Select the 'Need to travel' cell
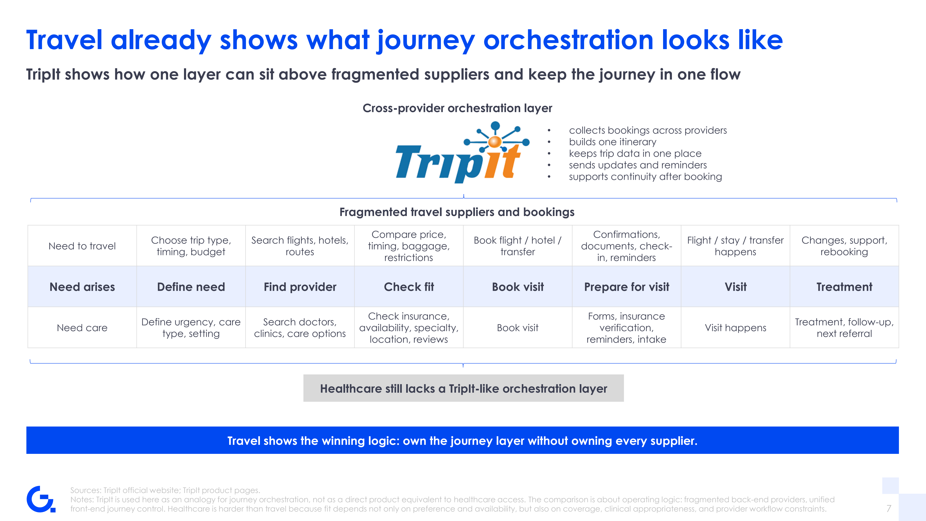[82, 246]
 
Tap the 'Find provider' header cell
[300, 287]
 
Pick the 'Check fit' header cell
[409, 287]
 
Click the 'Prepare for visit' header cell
[627, 287]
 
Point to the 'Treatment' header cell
[844, 287]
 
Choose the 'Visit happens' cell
[736, 328]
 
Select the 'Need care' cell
[82, 328]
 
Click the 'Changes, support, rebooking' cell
[844, 246]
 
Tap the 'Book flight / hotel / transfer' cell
[518, 246]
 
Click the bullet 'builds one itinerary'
[613, 142]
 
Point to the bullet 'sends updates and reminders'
[638, 165]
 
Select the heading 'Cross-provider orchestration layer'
[457, 108]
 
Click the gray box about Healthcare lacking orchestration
[463, 388]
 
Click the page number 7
[889, 508]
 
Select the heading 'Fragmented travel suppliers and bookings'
[457, 212]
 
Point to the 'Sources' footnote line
[165, 490]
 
